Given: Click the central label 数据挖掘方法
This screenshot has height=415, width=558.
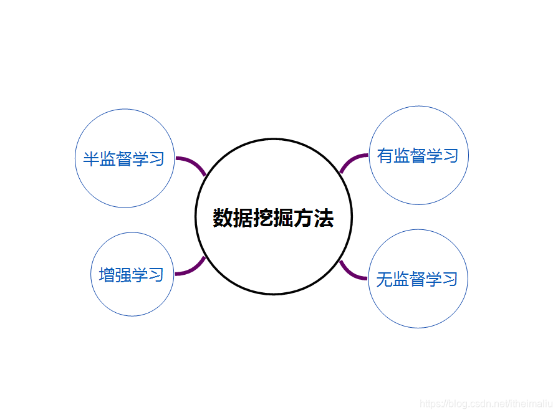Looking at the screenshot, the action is (274, 218).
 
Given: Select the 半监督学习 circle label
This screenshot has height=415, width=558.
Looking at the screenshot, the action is (123, 158).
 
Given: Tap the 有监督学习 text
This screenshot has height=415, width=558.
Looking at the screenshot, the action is (418, 155).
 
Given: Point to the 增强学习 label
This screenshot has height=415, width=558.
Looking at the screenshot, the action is (131, 274).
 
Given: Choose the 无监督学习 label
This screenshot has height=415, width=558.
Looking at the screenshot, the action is (417, 279).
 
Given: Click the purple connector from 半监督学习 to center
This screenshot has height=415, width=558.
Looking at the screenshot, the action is (191, 164).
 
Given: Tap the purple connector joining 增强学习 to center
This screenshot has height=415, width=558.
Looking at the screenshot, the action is (191, 269).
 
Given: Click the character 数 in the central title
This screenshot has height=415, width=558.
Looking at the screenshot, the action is (223, 218).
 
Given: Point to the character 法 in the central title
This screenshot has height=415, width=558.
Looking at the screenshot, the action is (324, 218).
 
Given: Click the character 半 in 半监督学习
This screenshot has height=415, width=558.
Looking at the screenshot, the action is (92, 158).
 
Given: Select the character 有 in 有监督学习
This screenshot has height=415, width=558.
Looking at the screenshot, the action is (385, 155).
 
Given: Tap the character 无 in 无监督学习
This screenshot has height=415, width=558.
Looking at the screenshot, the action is (385, 279).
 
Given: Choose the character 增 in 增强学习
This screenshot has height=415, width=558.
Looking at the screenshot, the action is (107, 274).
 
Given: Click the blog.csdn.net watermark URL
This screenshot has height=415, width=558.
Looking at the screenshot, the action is (486, 404).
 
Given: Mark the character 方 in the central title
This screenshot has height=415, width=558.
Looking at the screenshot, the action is (304, 218).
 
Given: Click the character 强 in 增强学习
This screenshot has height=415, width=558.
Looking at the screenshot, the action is (123, 274).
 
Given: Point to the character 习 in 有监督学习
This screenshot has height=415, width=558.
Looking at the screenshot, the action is (450, 155).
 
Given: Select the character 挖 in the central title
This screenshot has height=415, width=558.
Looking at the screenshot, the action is (264, 218).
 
